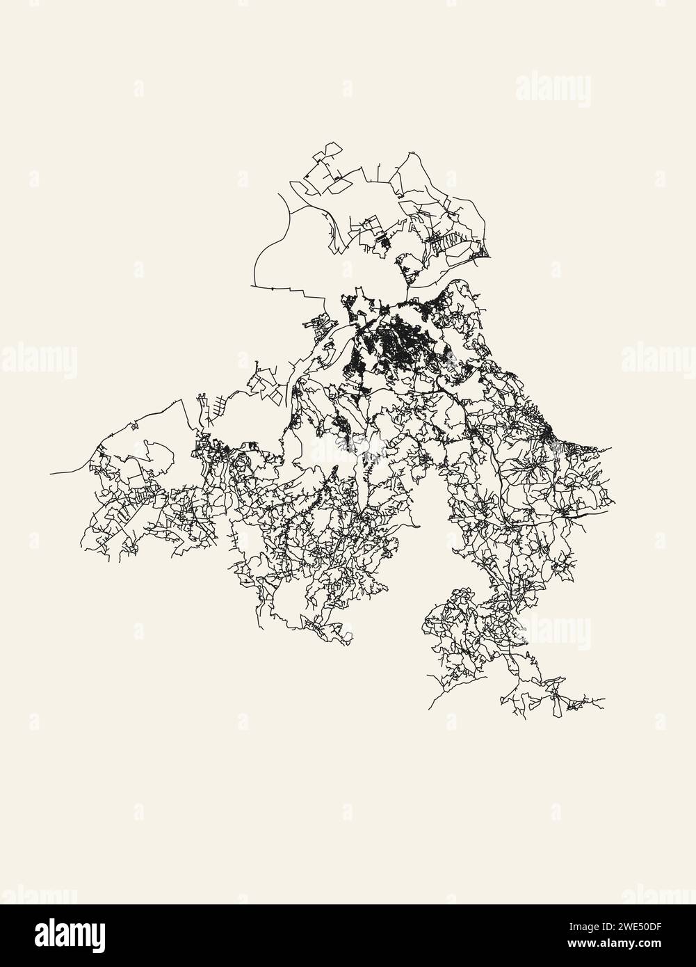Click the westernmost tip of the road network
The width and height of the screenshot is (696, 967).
(x=51, y=474)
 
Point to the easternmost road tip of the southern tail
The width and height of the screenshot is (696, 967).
(x=604, y=700)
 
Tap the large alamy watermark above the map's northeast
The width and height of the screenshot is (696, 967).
(x=553, y=91)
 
